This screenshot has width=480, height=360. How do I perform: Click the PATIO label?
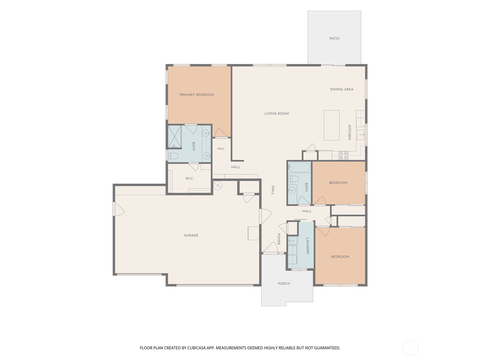334,38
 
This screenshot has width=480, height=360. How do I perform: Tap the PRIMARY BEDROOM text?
196,94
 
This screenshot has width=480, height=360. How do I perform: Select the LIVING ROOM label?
277,113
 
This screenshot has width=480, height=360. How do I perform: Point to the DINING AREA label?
342,89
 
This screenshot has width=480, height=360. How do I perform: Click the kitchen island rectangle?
331,125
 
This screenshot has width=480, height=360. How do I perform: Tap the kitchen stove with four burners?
343,155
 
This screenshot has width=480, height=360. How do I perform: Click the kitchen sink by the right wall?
360,135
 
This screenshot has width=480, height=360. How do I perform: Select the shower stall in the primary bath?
175,136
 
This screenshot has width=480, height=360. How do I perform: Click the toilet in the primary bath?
173,156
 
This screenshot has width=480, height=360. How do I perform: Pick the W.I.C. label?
189,178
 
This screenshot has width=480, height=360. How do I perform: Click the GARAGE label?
191,235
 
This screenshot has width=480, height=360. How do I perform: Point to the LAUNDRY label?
307,246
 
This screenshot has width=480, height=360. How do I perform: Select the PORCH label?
284,283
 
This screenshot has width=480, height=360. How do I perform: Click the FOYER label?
279,239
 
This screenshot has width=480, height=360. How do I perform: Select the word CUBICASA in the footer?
196,348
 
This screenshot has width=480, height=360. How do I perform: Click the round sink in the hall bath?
291,190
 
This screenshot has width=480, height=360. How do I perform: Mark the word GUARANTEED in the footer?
327,348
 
